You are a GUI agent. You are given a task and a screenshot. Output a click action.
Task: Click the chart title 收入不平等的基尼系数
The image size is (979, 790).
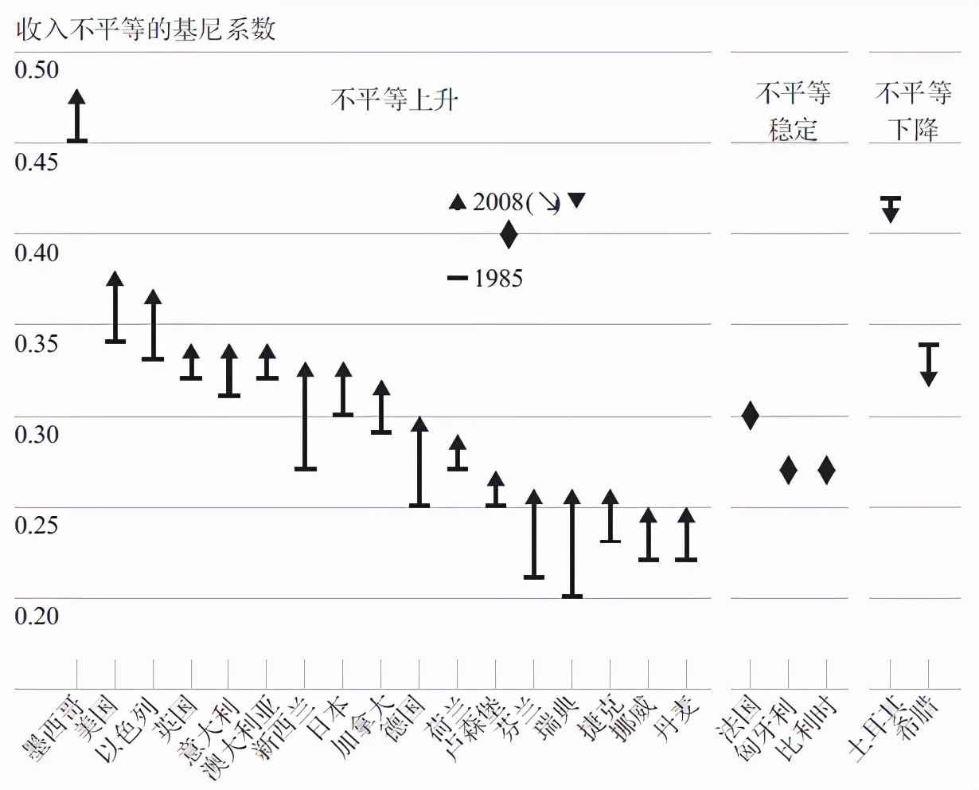coord(146,29)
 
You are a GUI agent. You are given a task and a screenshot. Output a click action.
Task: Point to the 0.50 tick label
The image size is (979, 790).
coord(37,70)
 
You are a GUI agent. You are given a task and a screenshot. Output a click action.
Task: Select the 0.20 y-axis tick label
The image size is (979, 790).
coord(37,616)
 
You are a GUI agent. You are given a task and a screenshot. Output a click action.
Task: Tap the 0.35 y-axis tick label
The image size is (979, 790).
coord(37,343)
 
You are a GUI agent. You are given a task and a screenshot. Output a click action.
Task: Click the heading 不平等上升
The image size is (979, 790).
coord(395,100)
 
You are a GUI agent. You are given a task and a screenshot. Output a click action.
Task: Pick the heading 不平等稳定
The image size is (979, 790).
coord(793,111)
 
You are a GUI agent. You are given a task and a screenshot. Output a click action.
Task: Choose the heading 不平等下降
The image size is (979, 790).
coord(914,111)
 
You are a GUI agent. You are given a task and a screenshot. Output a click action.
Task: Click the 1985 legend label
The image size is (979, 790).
coord(498,278)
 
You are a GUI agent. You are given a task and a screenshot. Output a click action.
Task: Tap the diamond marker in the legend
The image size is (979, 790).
coord(509,234)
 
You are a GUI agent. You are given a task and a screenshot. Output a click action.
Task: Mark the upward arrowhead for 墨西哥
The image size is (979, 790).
coord(76,98)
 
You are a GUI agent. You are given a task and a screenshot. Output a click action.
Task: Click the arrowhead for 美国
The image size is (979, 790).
coord(115,280)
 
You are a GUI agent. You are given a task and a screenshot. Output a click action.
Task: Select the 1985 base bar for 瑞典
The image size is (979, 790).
coord(572,596)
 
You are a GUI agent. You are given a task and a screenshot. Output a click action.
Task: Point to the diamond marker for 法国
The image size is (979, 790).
coord(750,415)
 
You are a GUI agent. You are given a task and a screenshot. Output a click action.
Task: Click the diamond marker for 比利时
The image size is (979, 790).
coord(826,470)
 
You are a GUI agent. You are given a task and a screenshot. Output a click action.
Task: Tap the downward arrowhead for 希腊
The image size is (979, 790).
coord(929,377)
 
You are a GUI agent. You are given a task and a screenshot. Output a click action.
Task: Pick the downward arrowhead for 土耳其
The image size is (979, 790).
coord(891,213)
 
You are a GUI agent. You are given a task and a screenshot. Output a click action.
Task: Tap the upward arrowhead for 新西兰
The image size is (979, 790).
coord(305,370)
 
